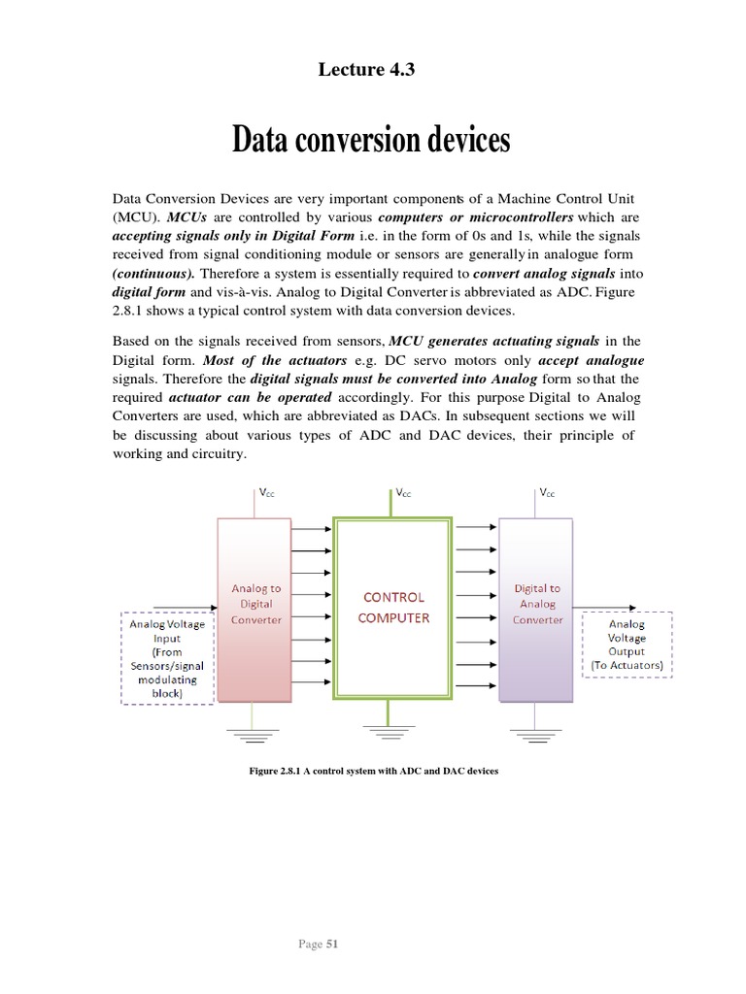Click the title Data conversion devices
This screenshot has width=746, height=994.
click(x=371, y=141)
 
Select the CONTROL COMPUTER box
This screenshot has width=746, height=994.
click(x=392, y=608)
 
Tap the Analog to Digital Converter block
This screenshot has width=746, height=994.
click(x=255, y=608)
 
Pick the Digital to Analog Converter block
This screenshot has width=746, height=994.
click(x=536, y=608)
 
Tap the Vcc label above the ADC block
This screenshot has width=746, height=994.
click(x=264, y=494)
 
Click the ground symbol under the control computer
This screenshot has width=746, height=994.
click(x=393, y=731)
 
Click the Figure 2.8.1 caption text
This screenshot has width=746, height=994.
click(x=373, y=772)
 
